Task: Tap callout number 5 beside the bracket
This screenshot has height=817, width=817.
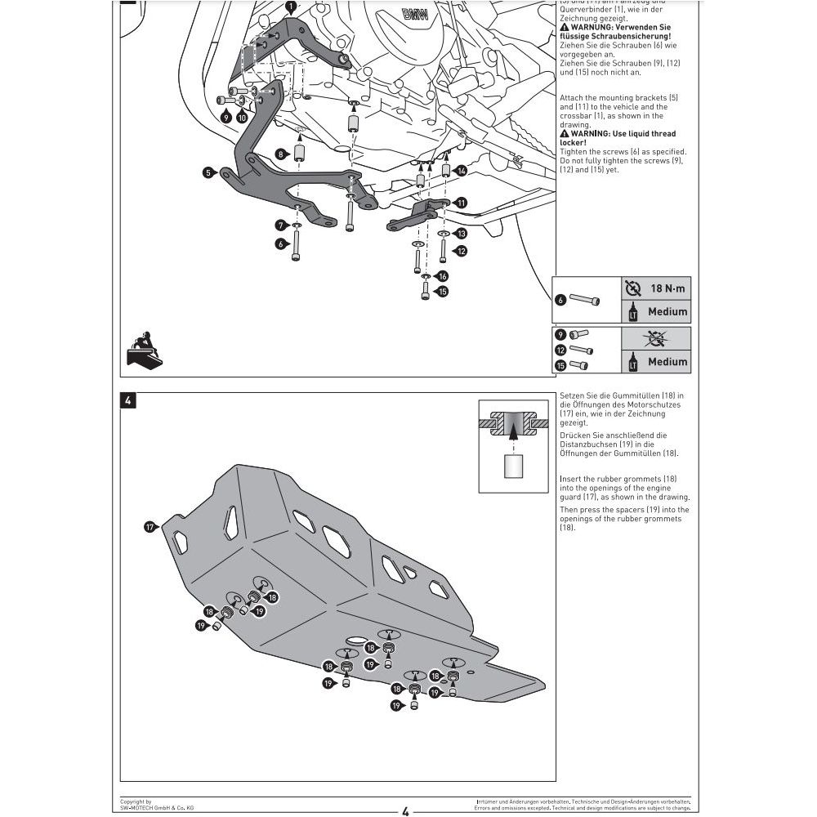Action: (x=208, y=172)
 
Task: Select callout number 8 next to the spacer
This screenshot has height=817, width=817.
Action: (x=280, y=154)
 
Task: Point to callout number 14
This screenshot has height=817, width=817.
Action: (x=462, y=171)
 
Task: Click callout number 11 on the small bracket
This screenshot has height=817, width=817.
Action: (x=462, y=202)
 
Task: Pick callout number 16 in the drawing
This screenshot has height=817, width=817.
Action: (x=442, y=276)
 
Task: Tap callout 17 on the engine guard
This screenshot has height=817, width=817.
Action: (x=150, y=527)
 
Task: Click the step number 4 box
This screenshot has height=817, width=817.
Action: (x=128, y=401)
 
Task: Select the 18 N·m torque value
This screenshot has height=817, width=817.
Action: (x=668, y=288)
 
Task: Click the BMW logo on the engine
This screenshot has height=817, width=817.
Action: (x=416, y=15)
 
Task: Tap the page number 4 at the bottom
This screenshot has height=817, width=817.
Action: (x=405, y=810)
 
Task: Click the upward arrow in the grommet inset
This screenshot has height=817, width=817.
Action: (x=514, y=439)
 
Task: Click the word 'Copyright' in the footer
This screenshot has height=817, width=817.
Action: (x=136, y=801)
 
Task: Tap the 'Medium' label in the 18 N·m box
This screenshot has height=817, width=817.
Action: (x=667, y=311)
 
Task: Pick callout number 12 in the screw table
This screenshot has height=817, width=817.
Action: (x=561, y=349)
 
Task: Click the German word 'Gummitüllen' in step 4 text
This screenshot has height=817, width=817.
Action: (x=636, y=395)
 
